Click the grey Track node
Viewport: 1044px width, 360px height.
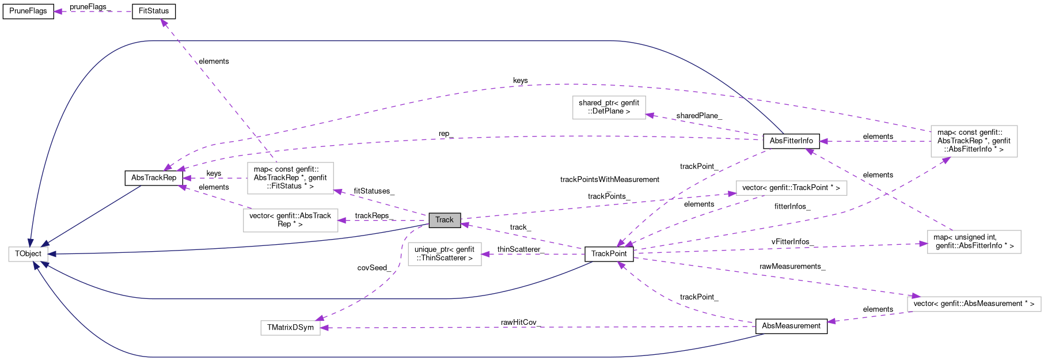(445, 220)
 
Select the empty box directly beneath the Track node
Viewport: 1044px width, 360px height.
(445, 254)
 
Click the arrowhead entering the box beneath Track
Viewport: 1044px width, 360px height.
(485, 254)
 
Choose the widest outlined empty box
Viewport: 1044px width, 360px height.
(974, 304)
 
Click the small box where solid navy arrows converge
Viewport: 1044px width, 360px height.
(28, 254)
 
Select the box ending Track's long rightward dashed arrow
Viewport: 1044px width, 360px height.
(791, 188)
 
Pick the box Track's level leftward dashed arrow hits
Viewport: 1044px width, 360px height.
(290, 221)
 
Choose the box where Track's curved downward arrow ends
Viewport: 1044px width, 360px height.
(290, 328)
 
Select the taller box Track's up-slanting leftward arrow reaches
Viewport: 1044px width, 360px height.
(290, 179)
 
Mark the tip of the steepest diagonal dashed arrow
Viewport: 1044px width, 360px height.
(162, 21)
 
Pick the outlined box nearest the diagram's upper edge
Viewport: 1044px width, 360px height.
(609, 108)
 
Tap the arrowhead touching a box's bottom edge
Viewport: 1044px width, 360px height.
(946, 159)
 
